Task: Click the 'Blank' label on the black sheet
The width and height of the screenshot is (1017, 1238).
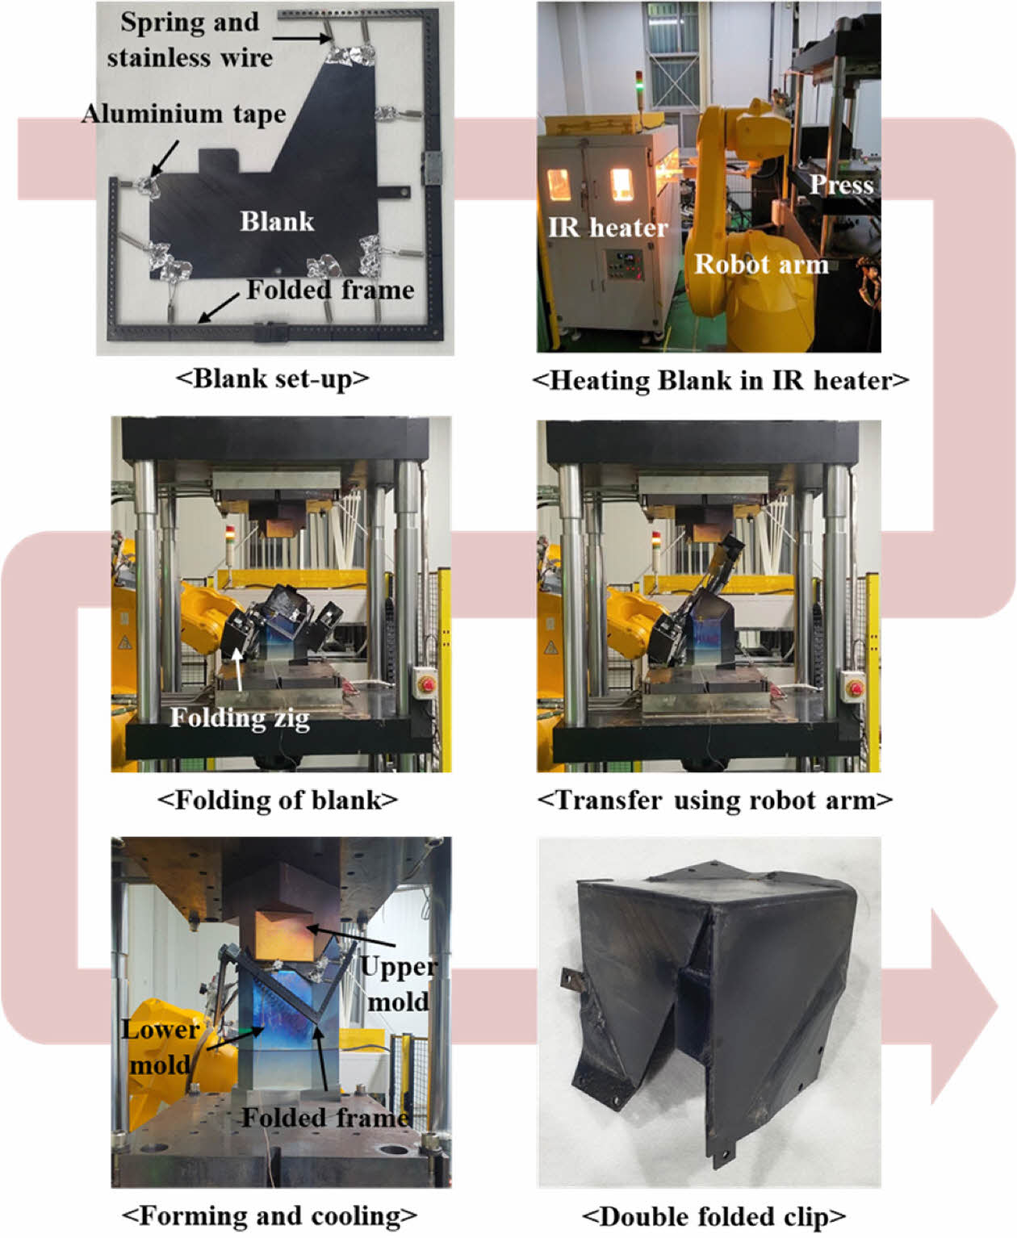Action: [277, 222]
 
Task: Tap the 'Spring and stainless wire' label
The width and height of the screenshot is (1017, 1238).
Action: [190, 40]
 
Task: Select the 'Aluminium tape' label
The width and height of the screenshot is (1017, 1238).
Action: [184, 115]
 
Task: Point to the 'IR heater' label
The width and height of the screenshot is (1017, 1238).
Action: [608, 228]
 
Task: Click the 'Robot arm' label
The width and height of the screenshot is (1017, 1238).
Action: [762, 264]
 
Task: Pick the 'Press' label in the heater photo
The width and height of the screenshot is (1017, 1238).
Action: [841, 185]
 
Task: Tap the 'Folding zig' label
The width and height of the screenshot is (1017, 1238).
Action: [240, 718]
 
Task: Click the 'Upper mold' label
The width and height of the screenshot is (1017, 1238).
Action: [398, 983]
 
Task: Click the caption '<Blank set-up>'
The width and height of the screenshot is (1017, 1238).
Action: [273, 379]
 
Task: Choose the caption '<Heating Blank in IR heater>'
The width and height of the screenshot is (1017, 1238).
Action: [721, 380]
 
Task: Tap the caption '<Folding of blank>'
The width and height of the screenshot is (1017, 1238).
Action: [278, 800]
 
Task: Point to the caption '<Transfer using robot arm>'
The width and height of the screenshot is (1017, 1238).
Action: [715, 800]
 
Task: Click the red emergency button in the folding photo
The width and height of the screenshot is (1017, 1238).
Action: [428, 684]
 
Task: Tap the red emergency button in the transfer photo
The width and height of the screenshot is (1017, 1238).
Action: [856, 687]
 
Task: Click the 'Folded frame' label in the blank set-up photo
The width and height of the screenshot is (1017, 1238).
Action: [330, 290]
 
